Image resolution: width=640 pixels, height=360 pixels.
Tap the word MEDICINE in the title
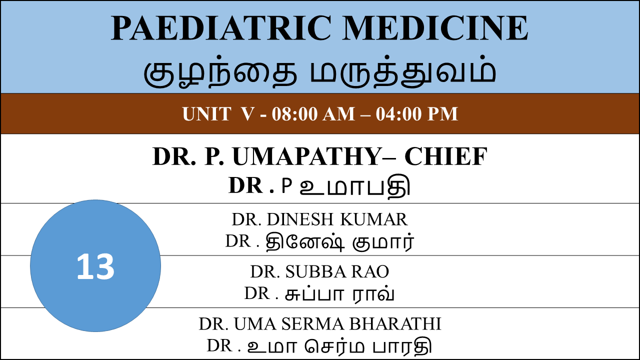[x=435, y=28]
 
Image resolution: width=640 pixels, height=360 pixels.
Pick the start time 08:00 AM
[x=313, y=114]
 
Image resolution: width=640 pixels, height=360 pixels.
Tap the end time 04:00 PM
[x=417, y=114]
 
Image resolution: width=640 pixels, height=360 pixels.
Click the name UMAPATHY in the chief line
[x=306, y=156]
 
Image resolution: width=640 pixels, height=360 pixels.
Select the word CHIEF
[x=446, y=156]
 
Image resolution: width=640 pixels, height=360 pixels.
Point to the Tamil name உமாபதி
[x=355, y=185]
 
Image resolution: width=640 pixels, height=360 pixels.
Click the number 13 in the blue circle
[x=95, y=267]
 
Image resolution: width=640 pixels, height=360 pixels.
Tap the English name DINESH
[x=300, y=219]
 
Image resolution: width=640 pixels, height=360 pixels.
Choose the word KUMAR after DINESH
[x=374, y=219]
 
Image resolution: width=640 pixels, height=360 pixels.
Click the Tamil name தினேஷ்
[x=305, y=242]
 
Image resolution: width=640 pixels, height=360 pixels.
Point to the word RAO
[x=370, y=271]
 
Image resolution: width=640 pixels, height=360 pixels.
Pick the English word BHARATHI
[x=395, y=323]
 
